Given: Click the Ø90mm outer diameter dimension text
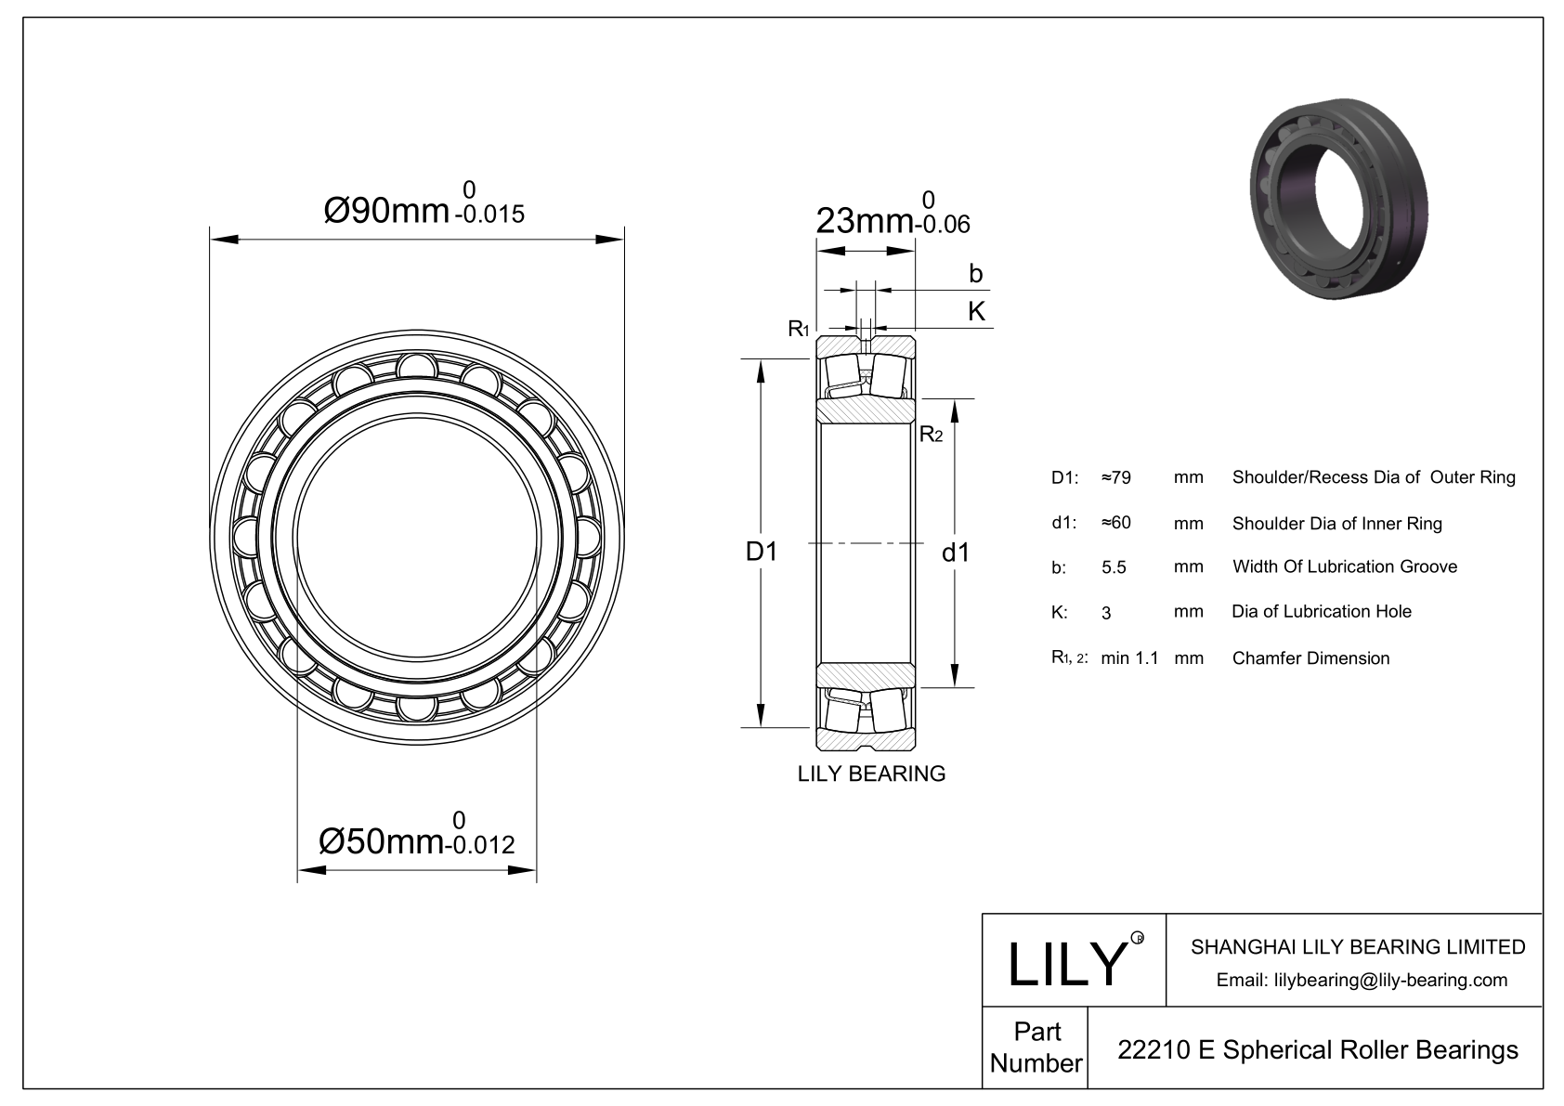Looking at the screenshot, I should tap(386, 212).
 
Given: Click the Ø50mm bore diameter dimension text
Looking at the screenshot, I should tap(380, 842).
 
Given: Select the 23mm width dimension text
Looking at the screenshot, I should tap(863, 221).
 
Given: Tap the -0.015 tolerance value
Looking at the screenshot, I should tap(489, 215).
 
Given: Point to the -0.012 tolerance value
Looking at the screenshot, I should tap(479, 845).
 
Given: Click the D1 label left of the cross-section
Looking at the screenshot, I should tap(762, 552).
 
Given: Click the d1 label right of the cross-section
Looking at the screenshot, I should tap(956, 553).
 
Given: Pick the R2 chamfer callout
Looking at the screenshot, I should tap(931, 434).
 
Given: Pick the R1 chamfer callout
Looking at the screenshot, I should tap(799, 328).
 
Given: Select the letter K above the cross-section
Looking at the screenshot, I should tap(976, 311).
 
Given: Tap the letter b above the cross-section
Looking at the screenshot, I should tap(975, 273).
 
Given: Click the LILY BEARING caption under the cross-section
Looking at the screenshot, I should tap(871, 774).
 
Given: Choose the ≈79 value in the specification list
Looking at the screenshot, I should tap(1115, 478).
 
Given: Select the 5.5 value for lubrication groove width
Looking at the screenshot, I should tap(1114, 567).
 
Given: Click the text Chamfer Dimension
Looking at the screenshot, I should tap(1310, 658).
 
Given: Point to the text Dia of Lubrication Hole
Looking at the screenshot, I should tap(1321, 611).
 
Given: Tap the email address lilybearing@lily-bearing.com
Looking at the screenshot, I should tap(1362, 980).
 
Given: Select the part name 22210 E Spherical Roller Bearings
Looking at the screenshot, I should tap(1317, 1049).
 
